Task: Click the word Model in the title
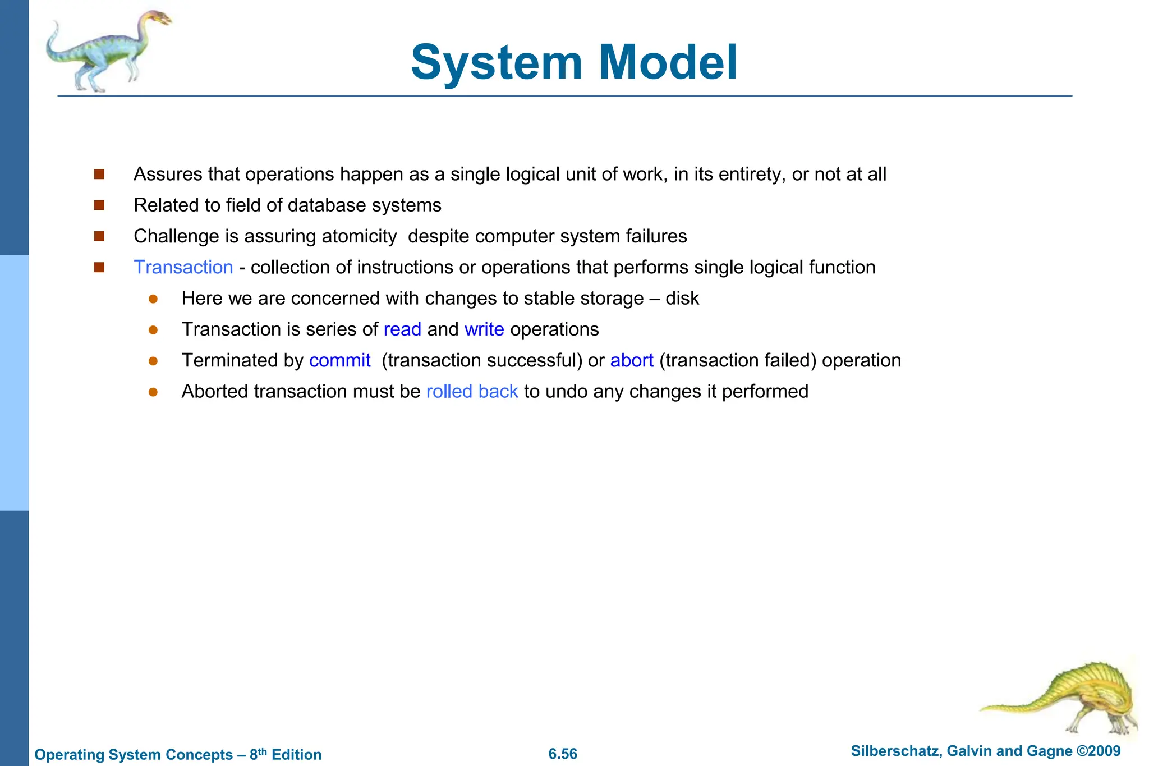pyautogui.click(x=668, y=62)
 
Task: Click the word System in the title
pyautogui.click(x=496, y=62)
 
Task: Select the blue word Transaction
pyautogui.click(x=183, y=267)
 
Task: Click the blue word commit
pyautogui.click(x=339, y=360)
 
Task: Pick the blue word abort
pyautogui.click(x=632, y=360)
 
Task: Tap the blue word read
pyautogui.click(x=402, y=329)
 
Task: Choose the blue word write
pyautogui.click(x=484, y=329)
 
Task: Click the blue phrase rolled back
pyautogui.click(x=472, y=391)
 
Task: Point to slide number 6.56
pyautogui.click(x=563, y=754)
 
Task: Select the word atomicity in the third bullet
pyautogui.click(x=359, y=236)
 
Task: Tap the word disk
pyautogui.click(x=682, y=299)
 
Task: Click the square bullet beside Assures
pyautogui.click(x=99, y=175)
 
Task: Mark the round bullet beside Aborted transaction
pyautogui.click(x=153, y=392)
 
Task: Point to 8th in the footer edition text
pyautogui.click(x=258, y=754)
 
